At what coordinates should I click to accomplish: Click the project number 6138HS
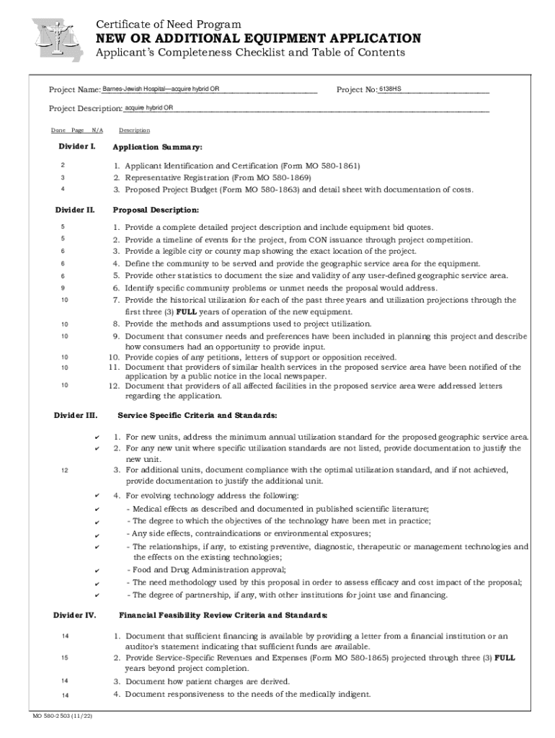coord(391,89)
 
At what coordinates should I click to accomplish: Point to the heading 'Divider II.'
coord(75,210)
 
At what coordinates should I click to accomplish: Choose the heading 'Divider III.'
coord(76,415)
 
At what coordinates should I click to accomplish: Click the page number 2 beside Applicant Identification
coord(63,166)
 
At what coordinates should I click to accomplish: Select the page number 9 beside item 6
coord(63,288)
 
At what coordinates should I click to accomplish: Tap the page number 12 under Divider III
coord(65,470)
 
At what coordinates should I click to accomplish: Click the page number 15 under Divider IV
coord(65,657)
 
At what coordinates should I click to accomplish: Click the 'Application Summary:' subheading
coord(147,147)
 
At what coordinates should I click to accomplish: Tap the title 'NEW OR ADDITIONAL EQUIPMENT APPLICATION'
coord(259,38)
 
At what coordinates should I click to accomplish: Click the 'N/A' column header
coord(97,130)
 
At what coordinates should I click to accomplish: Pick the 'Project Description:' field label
coord(85,109)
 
